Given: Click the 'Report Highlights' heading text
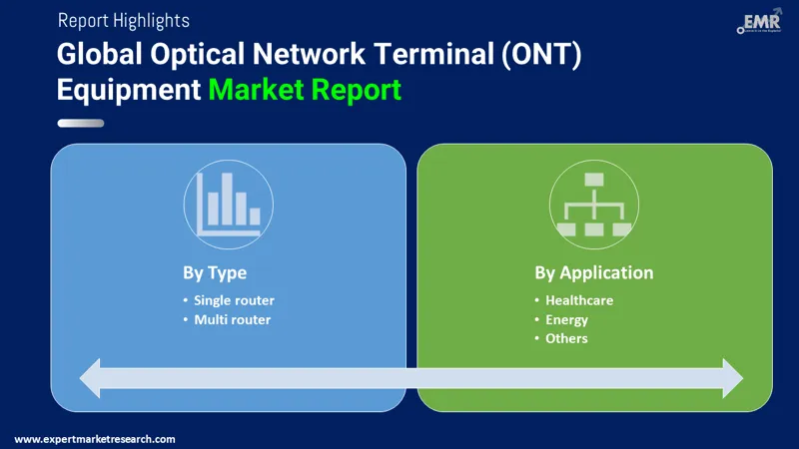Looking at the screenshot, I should [124, 20].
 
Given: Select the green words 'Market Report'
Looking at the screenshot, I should [305, 90].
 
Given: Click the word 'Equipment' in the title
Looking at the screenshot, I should [129, 90].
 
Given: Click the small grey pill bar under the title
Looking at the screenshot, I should [81, 124].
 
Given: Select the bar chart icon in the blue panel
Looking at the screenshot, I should [229, 205].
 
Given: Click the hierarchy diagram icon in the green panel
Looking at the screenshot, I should [594, 205].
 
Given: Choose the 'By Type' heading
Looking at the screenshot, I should [215, 272].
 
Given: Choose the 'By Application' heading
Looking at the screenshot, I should [594, 272].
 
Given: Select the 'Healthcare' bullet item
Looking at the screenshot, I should [579, 300].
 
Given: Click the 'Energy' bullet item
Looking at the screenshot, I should [566, 319].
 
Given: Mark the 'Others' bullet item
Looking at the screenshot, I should [566, 338].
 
